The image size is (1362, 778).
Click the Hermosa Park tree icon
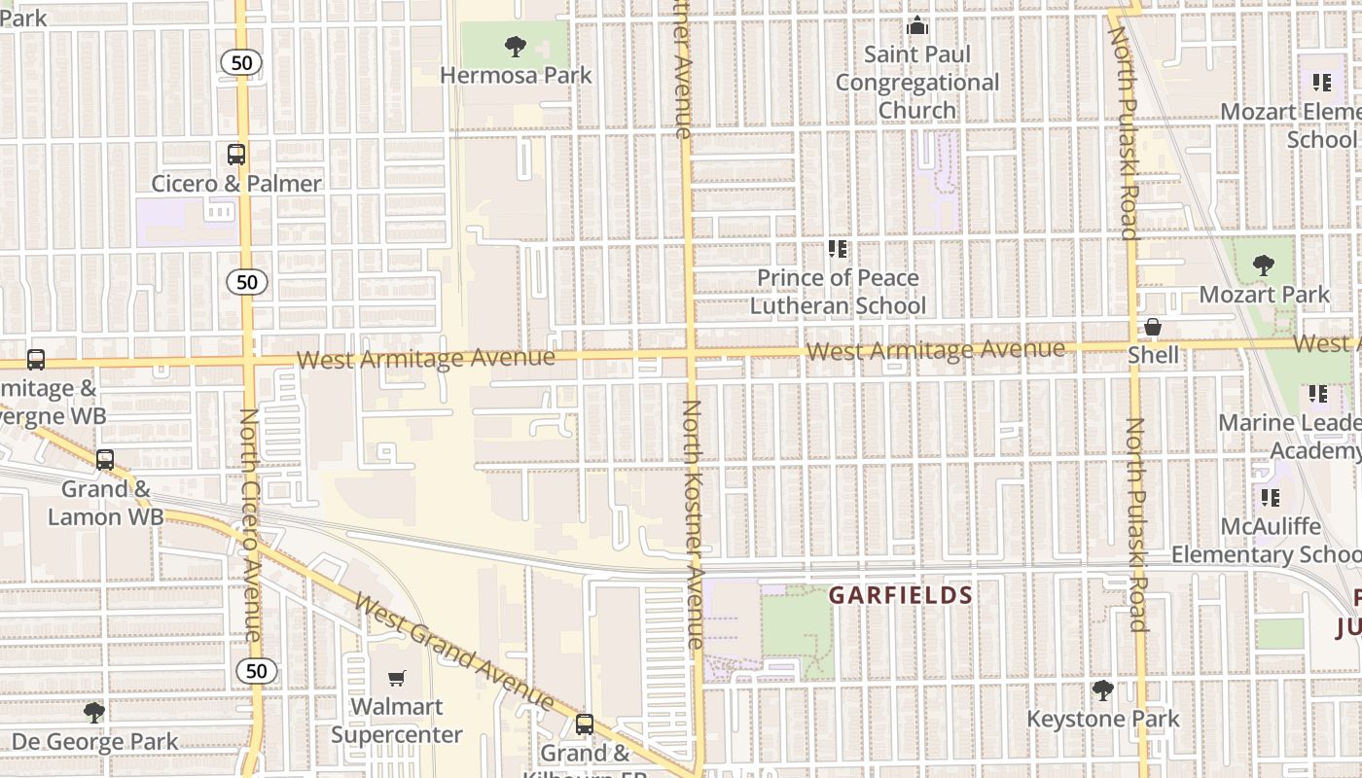(515, 45)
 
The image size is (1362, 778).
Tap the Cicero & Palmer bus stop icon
(236, 154)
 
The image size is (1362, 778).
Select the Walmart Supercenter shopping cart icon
(396, 678)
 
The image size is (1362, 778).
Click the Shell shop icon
(1153, 327)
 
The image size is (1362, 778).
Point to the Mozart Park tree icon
(1263, 265)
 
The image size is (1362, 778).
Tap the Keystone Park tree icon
(1102, 690)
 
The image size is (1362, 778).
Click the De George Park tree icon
(93, 713)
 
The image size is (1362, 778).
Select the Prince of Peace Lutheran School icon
(838, 249)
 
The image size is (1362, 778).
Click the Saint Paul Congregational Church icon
(916, 26)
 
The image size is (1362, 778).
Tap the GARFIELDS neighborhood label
(900, 595)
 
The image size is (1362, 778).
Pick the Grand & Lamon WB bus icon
(104, 459)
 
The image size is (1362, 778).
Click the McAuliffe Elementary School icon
(1270, 498)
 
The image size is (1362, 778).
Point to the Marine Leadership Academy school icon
(1317, 394)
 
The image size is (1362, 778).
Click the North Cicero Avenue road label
(250, 525)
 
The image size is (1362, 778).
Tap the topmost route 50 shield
(241, 63)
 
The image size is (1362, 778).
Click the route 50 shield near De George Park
(256, 671)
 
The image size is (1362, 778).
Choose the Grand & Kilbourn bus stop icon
(585, 724)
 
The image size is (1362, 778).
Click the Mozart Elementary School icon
(1321, 83)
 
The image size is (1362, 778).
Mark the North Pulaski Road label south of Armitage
(1135, 525)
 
